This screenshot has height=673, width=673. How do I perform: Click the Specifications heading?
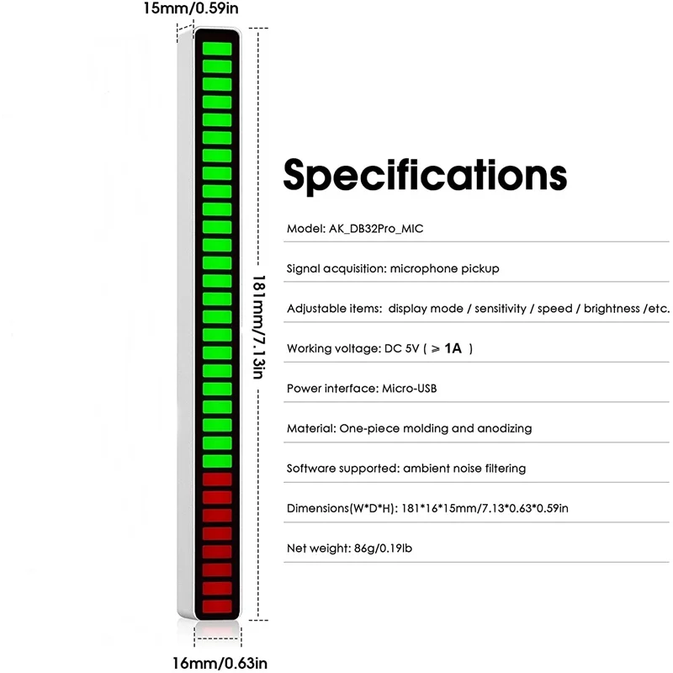tap(425, 175)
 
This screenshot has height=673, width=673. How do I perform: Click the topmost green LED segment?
tap(218, 46)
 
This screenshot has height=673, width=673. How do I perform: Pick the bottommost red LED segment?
tap(218, 606)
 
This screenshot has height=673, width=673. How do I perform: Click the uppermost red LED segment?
tap(218, 479)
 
